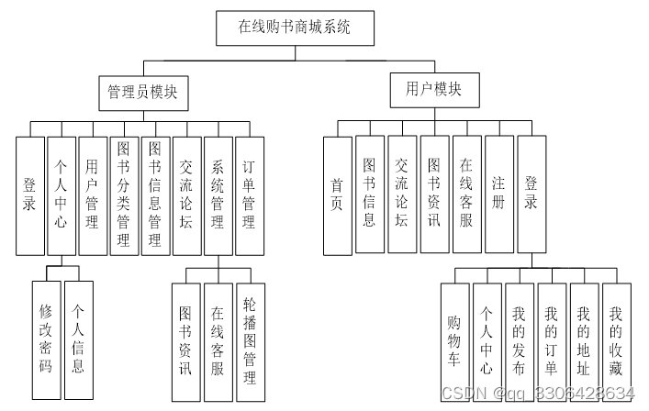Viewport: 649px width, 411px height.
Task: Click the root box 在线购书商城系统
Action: pos(296,28)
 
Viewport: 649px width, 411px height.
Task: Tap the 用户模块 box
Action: pos(433,89)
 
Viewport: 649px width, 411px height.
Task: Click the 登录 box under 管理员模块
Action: pos(30,194)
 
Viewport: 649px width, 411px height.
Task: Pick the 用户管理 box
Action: pos(93,194)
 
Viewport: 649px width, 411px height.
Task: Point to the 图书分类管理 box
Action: pos(124,194)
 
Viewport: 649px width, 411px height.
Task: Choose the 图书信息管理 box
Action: pos(156,194)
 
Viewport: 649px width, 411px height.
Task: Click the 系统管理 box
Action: pos(218,194)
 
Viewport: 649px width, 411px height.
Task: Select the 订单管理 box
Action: pos(250,194)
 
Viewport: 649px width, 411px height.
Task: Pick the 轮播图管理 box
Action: pos(250,339)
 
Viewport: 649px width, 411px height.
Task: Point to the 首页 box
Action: pos(337,194)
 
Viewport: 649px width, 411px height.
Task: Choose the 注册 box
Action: pos(498,194)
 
